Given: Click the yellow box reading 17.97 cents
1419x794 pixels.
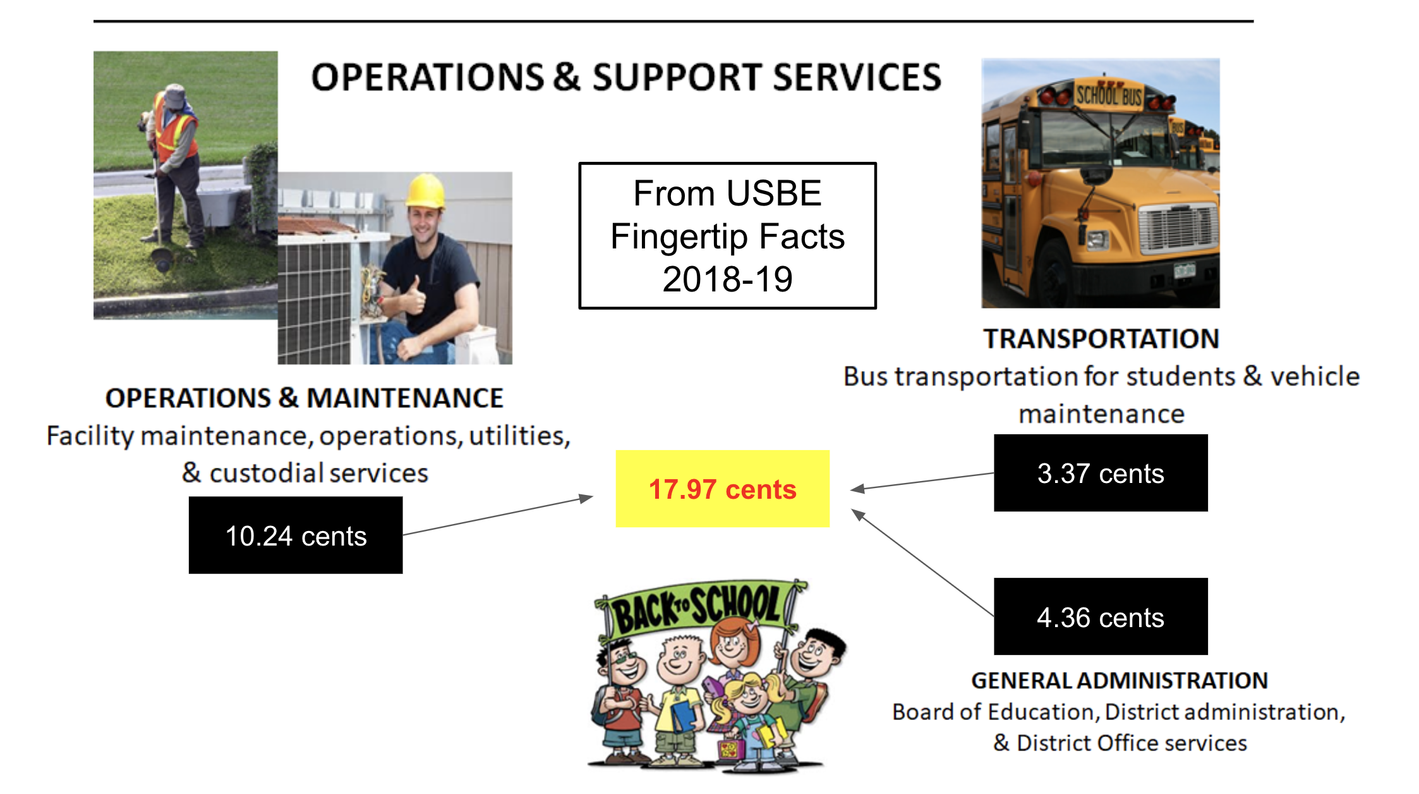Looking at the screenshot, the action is [x=722, y=489].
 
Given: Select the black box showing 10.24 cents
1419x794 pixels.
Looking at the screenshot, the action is [x=296, y=535].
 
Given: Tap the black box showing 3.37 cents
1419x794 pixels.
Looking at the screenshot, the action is [x=1101, y=473].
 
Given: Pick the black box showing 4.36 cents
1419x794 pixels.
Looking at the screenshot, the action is [x=1101, y=616].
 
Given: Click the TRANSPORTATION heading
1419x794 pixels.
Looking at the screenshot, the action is [x=1101, y=339].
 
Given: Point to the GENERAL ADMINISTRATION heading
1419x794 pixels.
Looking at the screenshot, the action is [x=1120, y=680].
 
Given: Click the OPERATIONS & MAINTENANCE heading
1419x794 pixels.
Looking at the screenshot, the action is [x=304, y=398].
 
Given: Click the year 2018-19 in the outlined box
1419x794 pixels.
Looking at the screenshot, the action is [x=727, y=279].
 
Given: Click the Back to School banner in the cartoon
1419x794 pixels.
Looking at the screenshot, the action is [x=698, y=606].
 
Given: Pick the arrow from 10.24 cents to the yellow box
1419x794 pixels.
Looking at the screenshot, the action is [x=498, y=516].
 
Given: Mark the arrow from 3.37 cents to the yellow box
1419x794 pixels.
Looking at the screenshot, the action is [x=922, y=481].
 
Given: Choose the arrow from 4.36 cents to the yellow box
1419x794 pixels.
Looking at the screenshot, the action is [x=923, y=563].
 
